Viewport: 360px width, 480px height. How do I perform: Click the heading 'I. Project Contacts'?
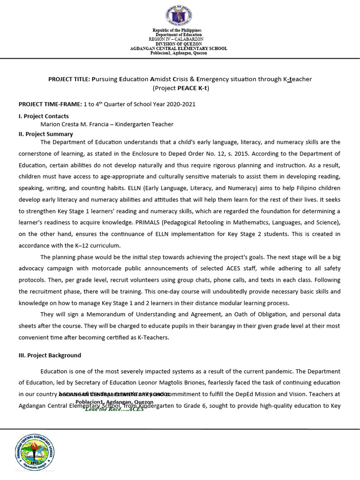coord(44,116)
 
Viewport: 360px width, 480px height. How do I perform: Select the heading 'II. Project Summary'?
coord(45,134)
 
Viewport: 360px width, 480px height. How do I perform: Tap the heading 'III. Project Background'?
coord(50,355)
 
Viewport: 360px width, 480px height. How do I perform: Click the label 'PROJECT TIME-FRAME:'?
coord(50,104)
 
